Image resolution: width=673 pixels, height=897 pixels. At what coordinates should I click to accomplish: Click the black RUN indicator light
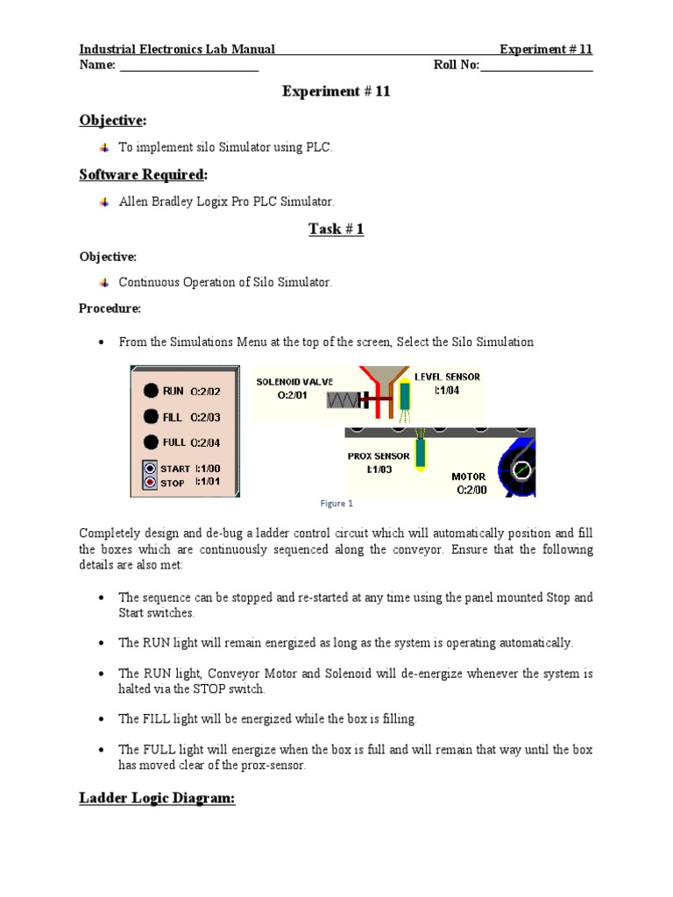pyautogui.click(x=151, y=391)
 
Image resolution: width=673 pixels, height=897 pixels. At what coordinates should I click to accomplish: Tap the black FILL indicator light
pyautogui.click(x=151, y=417)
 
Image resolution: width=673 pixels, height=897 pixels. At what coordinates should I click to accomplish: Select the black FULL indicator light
pyautogui.click(x=151, y=442)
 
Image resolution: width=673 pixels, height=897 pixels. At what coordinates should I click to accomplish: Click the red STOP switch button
pyautogui.click(x=150, y=483)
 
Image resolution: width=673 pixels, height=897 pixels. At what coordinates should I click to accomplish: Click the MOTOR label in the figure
pyautogui.click(x=469, y=477)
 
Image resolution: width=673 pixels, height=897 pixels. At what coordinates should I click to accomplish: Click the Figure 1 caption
pyautogui.click(x=336, y=504)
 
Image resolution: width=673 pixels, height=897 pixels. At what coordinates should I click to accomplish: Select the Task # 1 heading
pyautogui.click(x=336, y=230)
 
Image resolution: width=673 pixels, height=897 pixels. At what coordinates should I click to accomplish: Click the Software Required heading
pyautogui.click(x=143, y=175)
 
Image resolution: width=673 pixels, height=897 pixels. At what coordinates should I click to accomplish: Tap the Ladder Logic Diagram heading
pyautogui.click(x=157, y=799)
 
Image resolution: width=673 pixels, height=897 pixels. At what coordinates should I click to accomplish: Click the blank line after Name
pyautogui.click(x=188, y=66)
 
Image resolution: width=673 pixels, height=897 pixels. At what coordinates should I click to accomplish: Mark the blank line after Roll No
pyautogui.click(x=536, y=66)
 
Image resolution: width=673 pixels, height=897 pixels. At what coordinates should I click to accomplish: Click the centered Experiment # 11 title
pyautogui.click(x=336, y=92)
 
